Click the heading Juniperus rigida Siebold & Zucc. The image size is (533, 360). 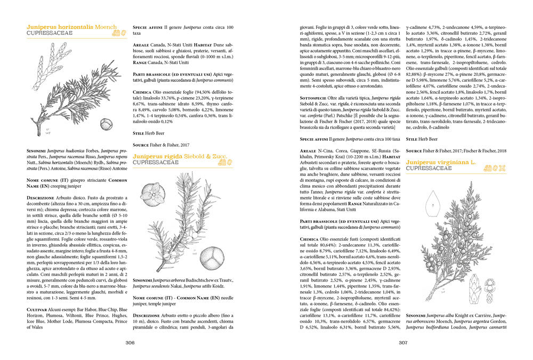[x=179, y=156]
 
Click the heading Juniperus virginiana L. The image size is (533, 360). [x=441, y=162]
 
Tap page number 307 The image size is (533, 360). [x=402, y=343]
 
